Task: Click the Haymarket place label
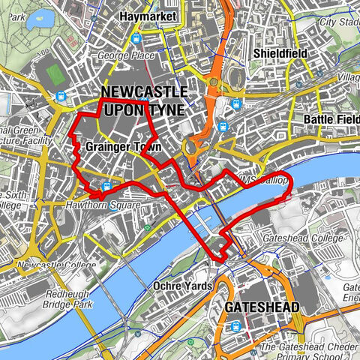click(x=147, y=15)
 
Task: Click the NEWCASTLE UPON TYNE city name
click(x=144, y=100)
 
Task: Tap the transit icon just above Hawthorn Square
click(x=107, y=187)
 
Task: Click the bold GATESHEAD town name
click(x=261, y=307)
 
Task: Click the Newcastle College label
click(x=48, y=265)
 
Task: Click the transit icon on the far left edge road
click(x=59, y=96)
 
